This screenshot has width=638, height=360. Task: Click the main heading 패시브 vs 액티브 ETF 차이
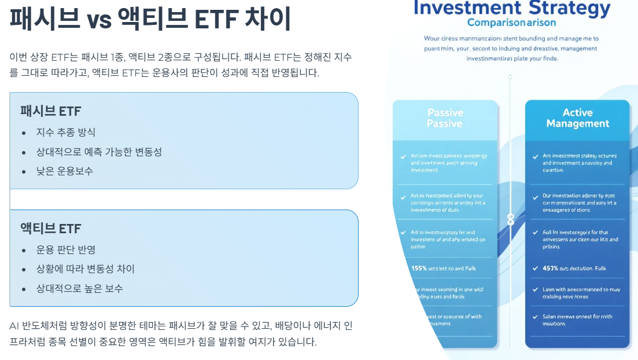[150, 20]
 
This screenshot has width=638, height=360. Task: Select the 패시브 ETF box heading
[51, 111]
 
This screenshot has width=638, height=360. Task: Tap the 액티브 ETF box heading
[51, 228]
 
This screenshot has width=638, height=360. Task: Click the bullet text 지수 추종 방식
[66, 133]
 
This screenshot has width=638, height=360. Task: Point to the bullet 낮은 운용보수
[64, 171]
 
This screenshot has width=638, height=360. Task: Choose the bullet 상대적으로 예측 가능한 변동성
[99, 152]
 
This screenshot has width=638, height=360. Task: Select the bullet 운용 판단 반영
[66, 249]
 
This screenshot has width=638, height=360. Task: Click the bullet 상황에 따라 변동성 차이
[86, 269]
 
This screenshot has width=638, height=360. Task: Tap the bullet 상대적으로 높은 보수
[79, 288]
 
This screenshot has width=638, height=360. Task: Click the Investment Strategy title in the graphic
[512, 8]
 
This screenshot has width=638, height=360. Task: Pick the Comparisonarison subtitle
[511, 23]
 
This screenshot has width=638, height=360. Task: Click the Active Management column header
[577, 118]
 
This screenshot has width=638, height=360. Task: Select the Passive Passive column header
[445, 118]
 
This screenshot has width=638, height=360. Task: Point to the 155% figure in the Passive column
[419, 268]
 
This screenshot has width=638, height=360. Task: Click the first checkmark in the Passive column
[403, 156]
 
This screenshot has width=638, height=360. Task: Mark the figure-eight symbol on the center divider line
[510, 220]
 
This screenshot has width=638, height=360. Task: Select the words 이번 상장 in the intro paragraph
[28, 57]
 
